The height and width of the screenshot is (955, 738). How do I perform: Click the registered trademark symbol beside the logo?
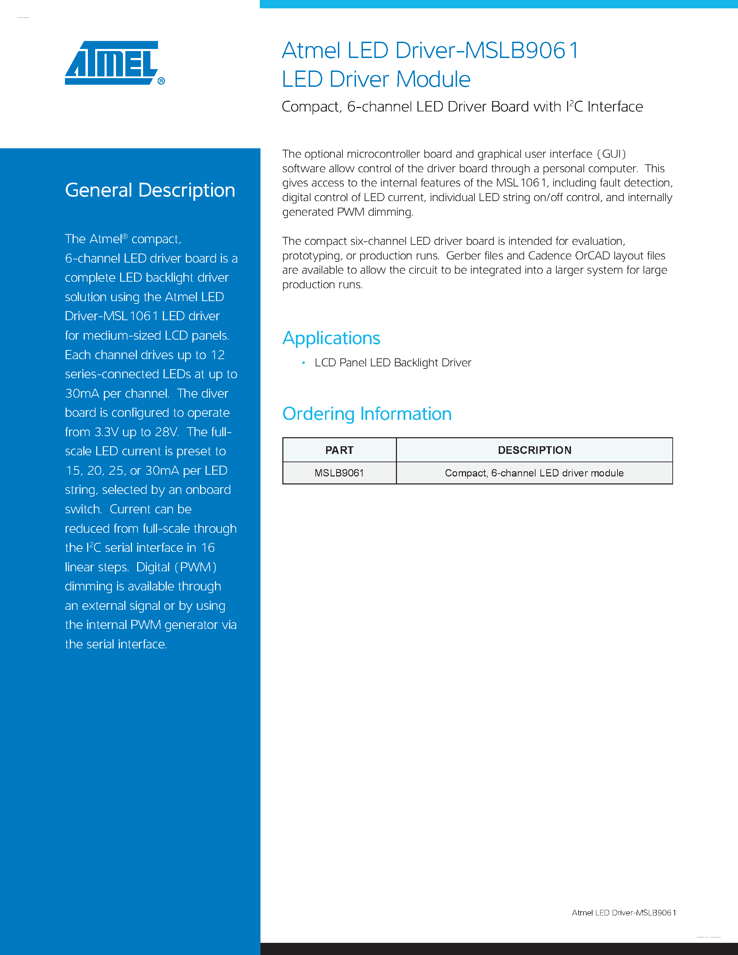[x=161, y=81]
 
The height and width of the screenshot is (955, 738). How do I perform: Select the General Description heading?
[x=150, y=190]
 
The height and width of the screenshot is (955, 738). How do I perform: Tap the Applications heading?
[x=331, y=338]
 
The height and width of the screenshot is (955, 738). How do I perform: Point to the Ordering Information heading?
[x=367, y=414]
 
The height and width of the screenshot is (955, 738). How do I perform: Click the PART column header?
[x=339, y=450]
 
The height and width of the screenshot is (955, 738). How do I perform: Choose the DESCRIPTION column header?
[x=534, y=450]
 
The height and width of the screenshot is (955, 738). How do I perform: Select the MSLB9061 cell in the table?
[x=339, y=473]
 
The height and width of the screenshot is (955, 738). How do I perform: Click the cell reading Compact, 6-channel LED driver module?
[x=534, y=473]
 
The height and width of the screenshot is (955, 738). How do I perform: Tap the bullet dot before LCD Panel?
[x=304, y=363]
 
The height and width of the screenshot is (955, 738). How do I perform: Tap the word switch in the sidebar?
[x=83, y=509]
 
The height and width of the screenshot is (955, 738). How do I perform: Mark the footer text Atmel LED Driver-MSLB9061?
[x=623, y=913]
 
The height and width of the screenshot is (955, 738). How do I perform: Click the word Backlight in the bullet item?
[x=415, y=363]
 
